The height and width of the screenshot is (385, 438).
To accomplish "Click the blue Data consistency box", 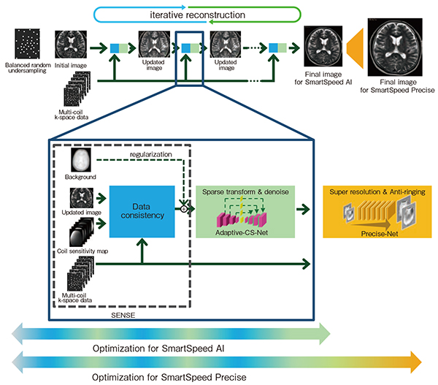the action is pos(142,212).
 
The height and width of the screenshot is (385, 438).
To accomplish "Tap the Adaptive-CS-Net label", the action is pos(242,232).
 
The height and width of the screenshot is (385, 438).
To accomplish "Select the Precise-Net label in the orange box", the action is pos(380,234).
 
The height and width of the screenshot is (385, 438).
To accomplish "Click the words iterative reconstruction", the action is pos(198,15).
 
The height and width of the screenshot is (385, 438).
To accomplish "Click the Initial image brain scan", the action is pos(71,45).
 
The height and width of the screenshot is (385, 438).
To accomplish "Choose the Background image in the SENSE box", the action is pos(81,160).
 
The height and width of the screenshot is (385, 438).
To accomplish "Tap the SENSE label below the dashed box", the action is pos(123,315).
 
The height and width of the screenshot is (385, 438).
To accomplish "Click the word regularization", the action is pos(151,154).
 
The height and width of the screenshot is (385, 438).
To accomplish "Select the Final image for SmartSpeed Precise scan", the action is pos(395,47).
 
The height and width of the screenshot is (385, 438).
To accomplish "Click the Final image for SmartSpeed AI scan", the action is pos(323,46).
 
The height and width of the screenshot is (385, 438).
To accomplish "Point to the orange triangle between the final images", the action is pos(355,48).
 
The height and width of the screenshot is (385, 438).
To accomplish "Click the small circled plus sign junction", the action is pos(183,209).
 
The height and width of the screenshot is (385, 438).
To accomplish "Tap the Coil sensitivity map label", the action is pos(82,251).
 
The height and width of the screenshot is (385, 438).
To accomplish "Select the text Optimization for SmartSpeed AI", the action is pos(158,348).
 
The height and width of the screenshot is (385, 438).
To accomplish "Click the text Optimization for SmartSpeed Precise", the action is pos(169,377).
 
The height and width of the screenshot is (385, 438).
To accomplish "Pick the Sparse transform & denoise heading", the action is pos(245,192).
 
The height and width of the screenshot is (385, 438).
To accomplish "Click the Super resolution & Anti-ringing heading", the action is pos(377,192).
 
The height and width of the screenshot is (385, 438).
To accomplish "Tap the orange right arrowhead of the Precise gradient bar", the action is pos(416,362).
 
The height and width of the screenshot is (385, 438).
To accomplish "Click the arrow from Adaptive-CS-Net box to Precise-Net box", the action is pos(303,209).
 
